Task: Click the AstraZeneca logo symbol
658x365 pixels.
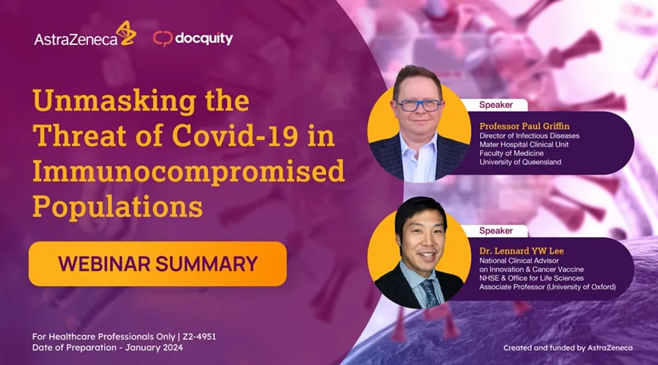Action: (126, 33)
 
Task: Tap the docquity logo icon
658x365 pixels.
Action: (163, 39)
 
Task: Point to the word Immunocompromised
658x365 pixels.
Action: (188, 172)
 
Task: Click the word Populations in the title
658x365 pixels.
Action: (118, 207)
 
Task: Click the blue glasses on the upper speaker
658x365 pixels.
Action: (418, 105)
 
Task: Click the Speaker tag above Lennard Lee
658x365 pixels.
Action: (496, 230)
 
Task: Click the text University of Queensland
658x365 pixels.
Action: (520, 162)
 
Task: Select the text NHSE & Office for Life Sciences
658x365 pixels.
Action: (531, 278)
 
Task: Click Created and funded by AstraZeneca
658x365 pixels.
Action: (567, 348)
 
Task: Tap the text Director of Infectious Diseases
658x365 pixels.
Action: (529, 136)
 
